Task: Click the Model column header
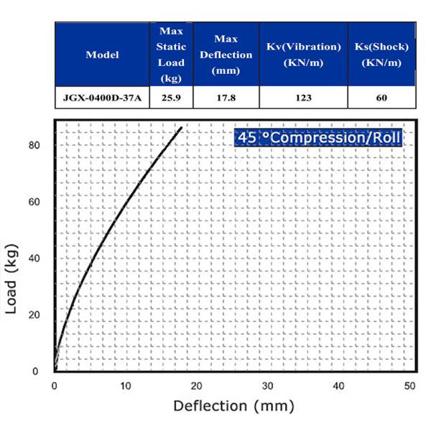tap(102, 55)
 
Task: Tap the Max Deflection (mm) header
tap(226, 55)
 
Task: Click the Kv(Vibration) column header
tap(303, 55)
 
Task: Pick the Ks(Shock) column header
tap(381, 55)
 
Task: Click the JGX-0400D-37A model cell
tap(102, 98)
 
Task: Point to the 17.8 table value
tap(226, 98)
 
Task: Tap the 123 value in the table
tap(303, 98)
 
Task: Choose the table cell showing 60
tap(381, 98)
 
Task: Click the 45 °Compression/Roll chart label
tap(318, 137)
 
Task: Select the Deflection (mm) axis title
tap(233, 406)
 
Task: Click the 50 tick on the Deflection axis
tap(409, 386)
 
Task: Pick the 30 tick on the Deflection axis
tap(267, 386)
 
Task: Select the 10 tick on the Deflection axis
tap(126, 386)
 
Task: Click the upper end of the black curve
tap(182, 127)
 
